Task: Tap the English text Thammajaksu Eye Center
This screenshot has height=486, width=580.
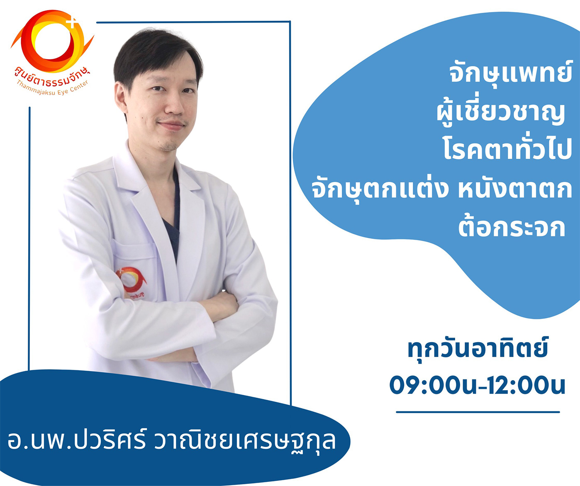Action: click(x=53, y=88)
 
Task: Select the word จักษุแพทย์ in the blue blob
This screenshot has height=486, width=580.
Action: click(x=511, y=73)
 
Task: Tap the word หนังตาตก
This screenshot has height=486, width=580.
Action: click(x=515, y=190)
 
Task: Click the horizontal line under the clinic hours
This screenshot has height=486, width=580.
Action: click(x=478, y=412)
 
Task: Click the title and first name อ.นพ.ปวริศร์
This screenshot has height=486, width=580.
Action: click(x=76, y=440)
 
